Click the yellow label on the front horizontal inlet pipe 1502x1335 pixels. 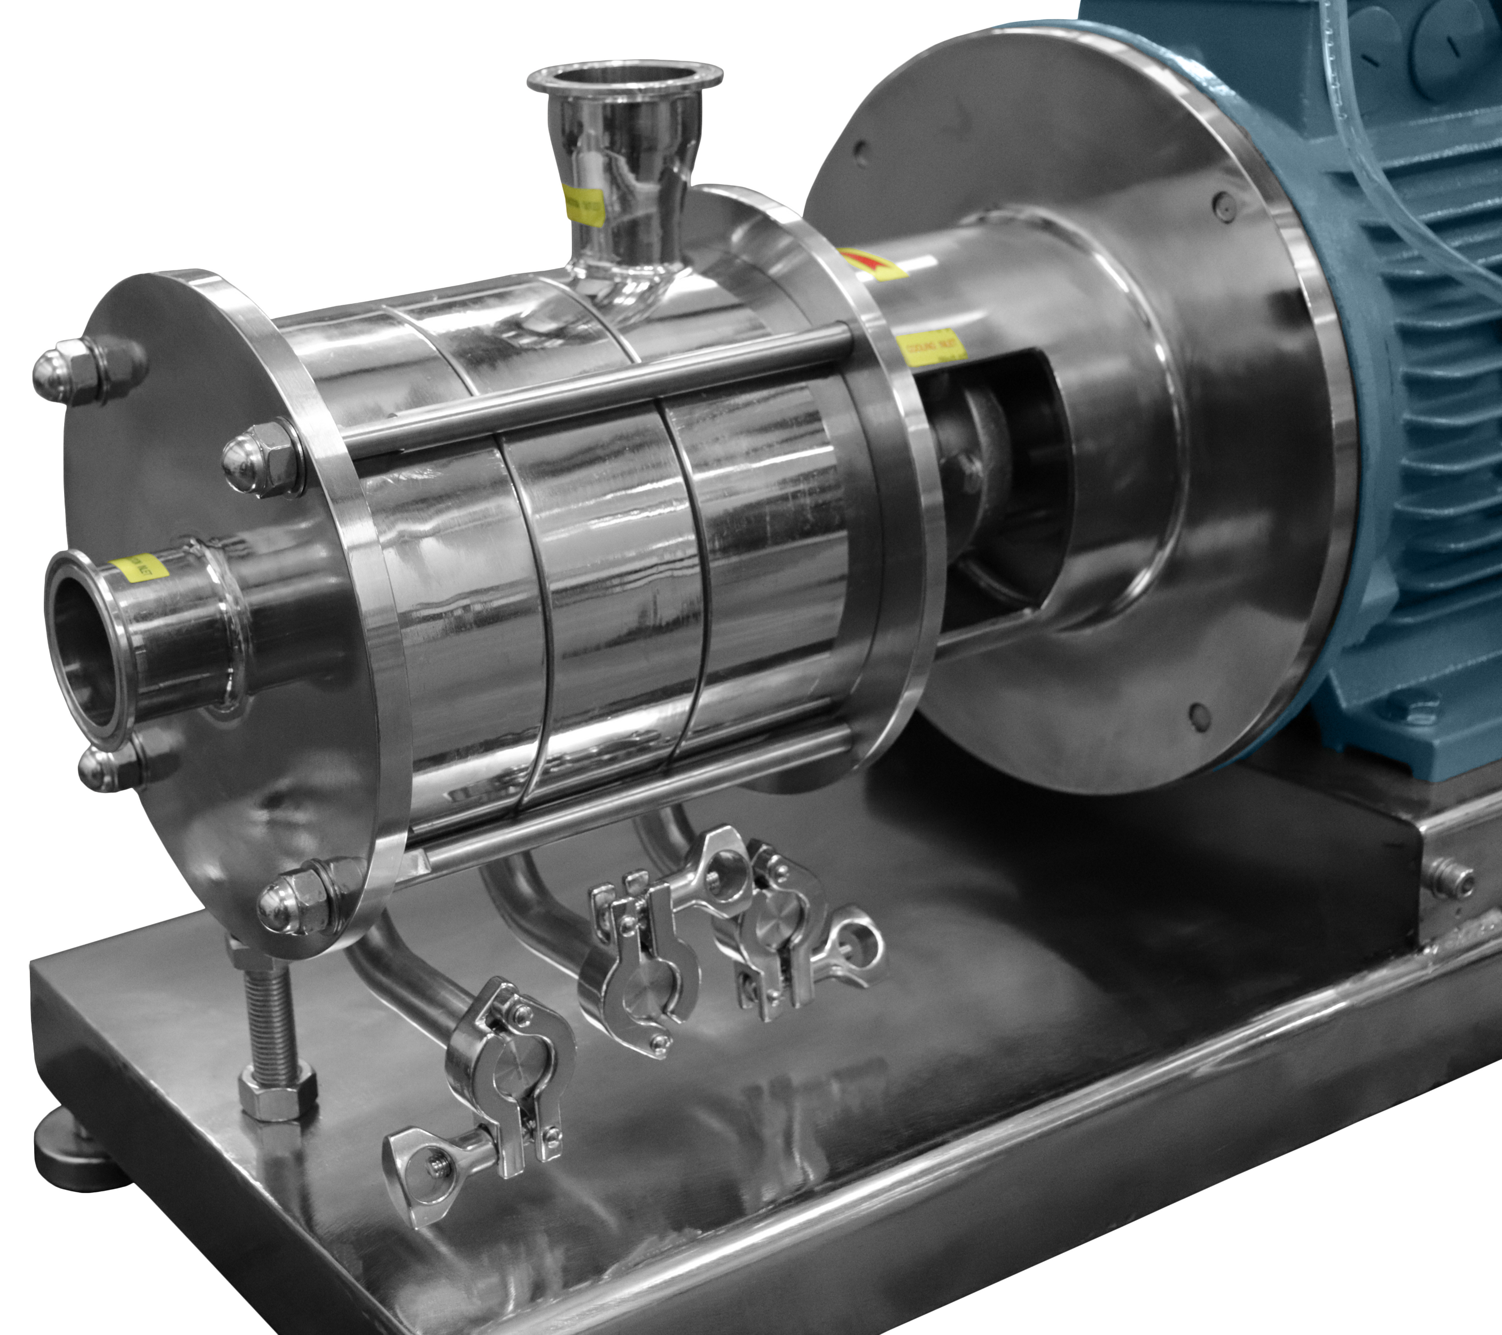tap(138, 567)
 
